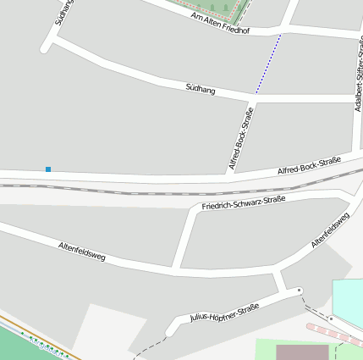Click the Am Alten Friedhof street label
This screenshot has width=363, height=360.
(220, 23)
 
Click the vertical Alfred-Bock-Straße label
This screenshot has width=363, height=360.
(240, 139)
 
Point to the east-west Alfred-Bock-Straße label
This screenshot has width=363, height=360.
(309, 165)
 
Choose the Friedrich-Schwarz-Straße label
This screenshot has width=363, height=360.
(244, 203)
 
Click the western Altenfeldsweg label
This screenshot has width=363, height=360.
(81, 250)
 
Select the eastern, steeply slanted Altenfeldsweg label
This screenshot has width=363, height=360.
(330, 230)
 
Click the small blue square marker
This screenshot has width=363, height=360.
(48, 169)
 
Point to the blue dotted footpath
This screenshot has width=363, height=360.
(269, 64)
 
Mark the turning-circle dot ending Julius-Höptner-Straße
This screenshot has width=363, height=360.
(299, 291)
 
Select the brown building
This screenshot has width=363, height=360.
(302, 352)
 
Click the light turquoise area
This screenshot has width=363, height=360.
(348, 301)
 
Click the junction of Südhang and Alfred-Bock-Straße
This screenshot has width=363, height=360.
(255, 97)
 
